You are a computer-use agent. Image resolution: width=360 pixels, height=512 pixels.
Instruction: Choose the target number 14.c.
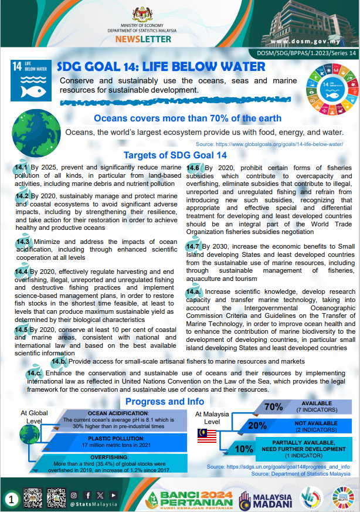click(x=34, y=373)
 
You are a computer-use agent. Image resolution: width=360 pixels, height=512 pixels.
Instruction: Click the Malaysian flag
click(x=208, y=436)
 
